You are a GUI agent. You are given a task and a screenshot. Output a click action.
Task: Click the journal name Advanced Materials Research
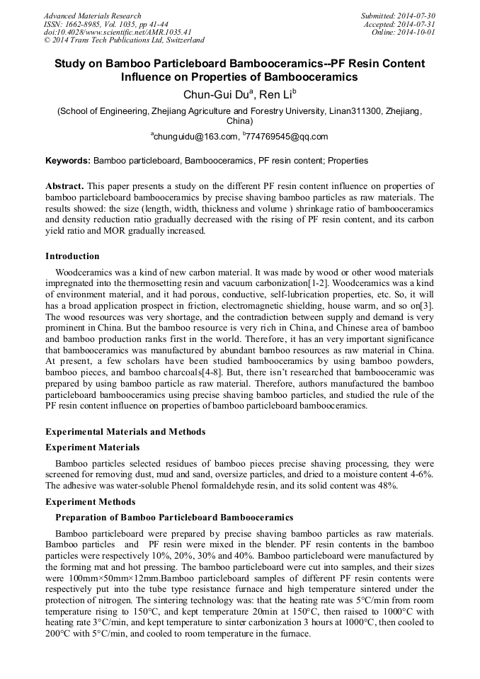pos(93,16)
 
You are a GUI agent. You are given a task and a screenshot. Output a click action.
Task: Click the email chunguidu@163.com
pos(193,137)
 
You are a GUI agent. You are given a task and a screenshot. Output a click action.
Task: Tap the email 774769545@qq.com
pos(287,137)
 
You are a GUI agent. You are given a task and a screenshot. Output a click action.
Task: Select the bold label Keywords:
pos(68,161)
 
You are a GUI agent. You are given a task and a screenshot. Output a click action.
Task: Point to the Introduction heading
pos(72,256)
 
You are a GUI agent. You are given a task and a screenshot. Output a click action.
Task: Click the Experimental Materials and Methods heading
pos(125,432)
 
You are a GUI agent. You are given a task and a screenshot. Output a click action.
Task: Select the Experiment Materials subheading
pos(92,447)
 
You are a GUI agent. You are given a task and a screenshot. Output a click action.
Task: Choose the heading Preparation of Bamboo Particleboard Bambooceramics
pos(173,518)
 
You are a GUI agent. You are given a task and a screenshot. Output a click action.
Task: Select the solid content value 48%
pos(384,486)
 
